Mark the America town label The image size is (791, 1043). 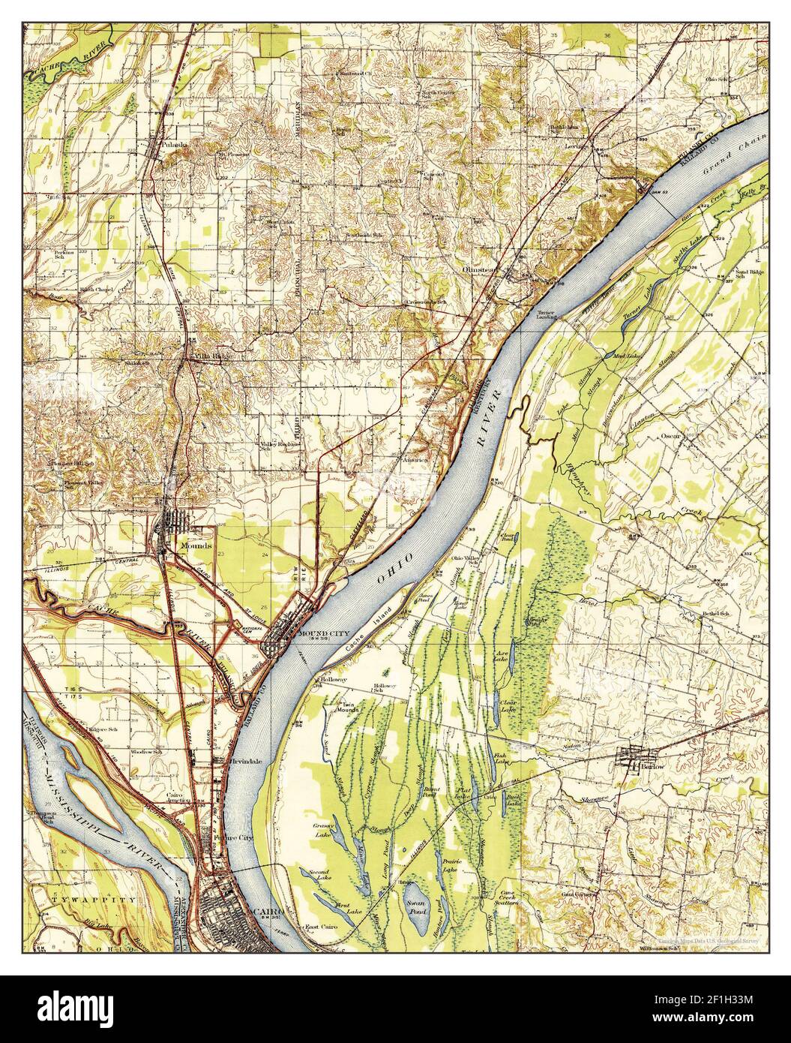[x=414, y=458]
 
